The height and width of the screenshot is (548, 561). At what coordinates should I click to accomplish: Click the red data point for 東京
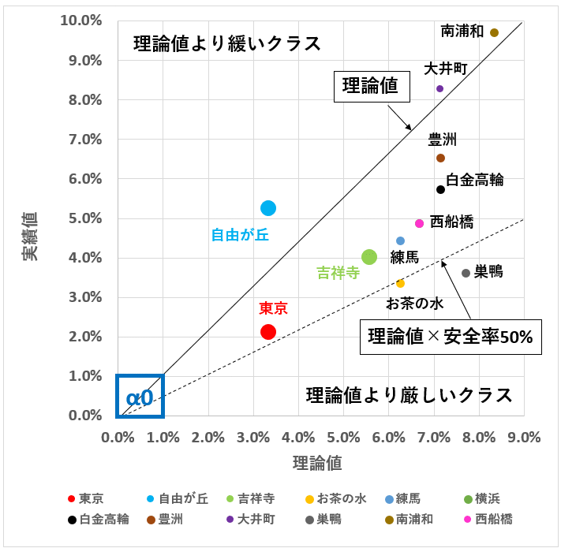(x=268, y=332)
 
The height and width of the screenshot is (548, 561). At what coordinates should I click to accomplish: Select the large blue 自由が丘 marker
(x=268, y=208)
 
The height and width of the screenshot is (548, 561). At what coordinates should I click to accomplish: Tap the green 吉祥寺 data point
(x=368, y=257)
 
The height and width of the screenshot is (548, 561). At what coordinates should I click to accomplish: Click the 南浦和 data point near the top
(x=494, y=32)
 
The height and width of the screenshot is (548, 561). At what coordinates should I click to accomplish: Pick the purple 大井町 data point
(x=439, y=88)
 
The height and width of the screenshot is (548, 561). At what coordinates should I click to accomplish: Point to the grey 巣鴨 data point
(x=466, y=273)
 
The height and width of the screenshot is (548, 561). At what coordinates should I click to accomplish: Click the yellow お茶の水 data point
(x=400, y=283)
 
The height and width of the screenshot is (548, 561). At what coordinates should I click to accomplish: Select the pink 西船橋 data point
(x=419, y=223)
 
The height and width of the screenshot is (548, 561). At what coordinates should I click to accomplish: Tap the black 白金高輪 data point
(x=441, y=189)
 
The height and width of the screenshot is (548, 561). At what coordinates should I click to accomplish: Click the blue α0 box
(x=140, y=395)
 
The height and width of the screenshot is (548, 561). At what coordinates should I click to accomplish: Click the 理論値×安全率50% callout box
(x=451, y=337)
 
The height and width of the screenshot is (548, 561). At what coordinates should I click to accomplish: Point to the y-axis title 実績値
(x=29, y=237)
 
